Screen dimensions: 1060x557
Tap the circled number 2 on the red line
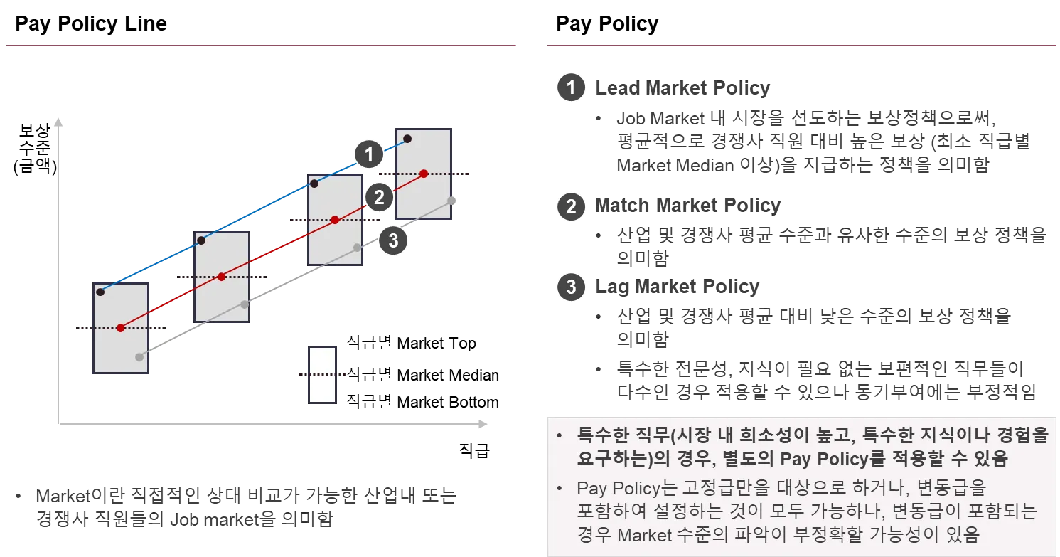pyautogui.click(x=379, y=197)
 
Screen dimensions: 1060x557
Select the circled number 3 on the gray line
pyautogui.click(x=393, y=240)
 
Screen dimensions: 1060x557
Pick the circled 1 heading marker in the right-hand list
pyautogui.click(x=570, y=89)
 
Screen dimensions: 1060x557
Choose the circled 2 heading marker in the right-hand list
pyautogui.click(x=570, y=207)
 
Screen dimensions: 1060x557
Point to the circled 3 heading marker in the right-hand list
pyautogui.click(x=570, y=288)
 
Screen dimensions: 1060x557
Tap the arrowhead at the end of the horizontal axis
pyautogui.click(x=483, y=424)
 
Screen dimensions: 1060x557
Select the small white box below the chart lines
pyautogui.click(x=323, y=374)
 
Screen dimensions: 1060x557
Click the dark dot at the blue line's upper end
pyautogui.click(x=407, y=139)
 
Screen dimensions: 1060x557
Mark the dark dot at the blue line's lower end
pyautogui.click(x=101, y=292)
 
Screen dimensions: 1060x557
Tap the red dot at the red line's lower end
pyautogui.click(x=121, y=328)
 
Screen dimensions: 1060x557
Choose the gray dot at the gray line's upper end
pyautogui.click(x=456, y=199)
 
